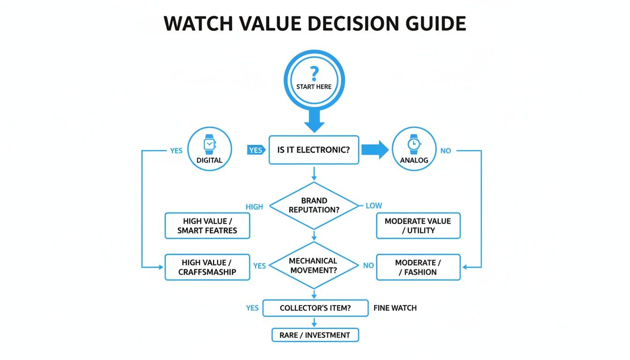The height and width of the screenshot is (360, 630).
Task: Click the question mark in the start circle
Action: click(314, 74)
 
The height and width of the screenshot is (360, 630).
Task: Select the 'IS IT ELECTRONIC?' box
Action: click(314, 150)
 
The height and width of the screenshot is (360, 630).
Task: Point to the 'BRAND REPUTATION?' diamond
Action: click(314, 205)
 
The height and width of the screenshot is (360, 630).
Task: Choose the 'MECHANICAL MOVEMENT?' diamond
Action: click(313, 265)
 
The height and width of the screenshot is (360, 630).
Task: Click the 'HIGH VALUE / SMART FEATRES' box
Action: click(207, 225)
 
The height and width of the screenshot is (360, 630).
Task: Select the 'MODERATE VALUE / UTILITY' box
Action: click(418, 225)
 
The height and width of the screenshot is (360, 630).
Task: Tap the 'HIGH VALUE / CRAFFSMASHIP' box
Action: click(207, 267)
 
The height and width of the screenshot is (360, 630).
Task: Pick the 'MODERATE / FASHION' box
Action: click(418, 267)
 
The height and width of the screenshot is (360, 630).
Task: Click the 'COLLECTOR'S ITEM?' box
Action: click(315, 308)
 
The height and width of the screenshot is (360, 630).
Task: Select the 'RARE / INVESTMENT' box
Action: click(315, 335)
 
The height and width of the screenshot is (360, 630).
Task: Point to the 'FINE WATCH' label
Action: click(395, 308)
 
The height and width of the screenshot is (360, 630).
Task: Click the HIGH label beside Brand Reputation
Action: click(254, 207)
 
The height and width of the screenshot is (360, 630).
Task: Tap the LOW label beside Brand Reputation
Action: click(374, 205)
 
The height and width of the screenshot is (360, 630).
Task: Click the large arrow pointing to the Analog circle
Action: click(375, 150)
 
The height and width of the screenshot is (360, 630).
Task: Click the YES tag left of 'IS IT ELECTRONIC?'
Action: click(255, 150)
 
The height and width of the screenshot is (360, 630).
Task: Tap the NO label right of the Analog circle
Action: click(445, 151)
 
